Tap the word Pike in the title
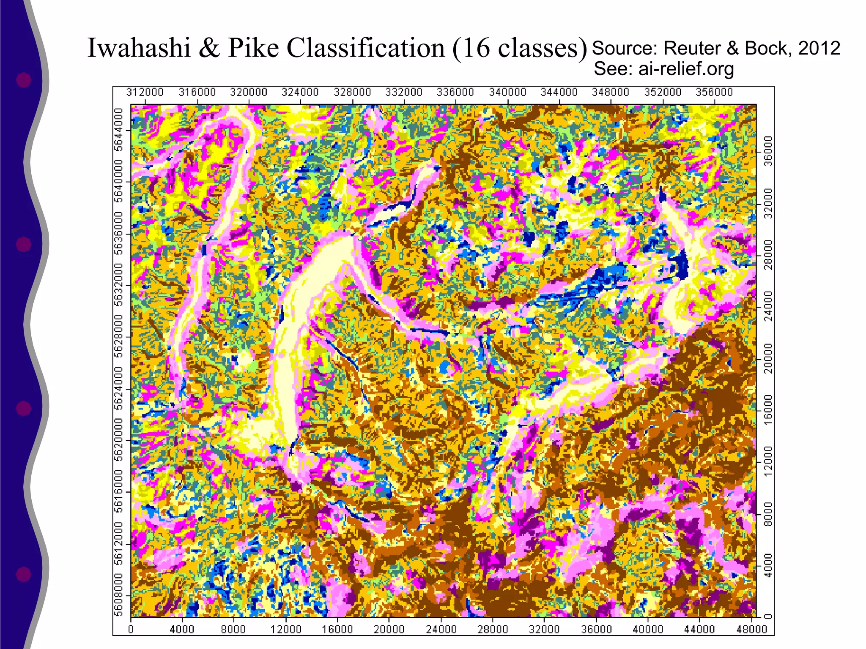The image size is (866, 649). coord(254,48)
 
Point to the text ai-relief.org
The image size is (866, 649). coord(686,69)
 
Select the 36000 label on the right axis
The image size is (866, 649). coord(768,151)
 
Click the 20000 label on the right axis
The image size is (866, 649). coord(768,358)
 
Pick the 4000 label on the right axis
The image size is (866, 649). coord(768,565)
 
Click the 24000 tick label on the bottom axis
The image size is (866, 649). coord(441,630)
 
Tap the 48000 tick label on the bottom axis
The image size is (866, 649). coord(751,630)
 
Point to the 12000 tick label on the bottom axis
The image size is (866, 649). coord(286,630)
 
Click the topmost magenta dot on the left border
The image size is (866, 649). coord(24,80)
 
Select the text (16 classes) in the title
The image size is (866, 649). coord(520,48)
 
